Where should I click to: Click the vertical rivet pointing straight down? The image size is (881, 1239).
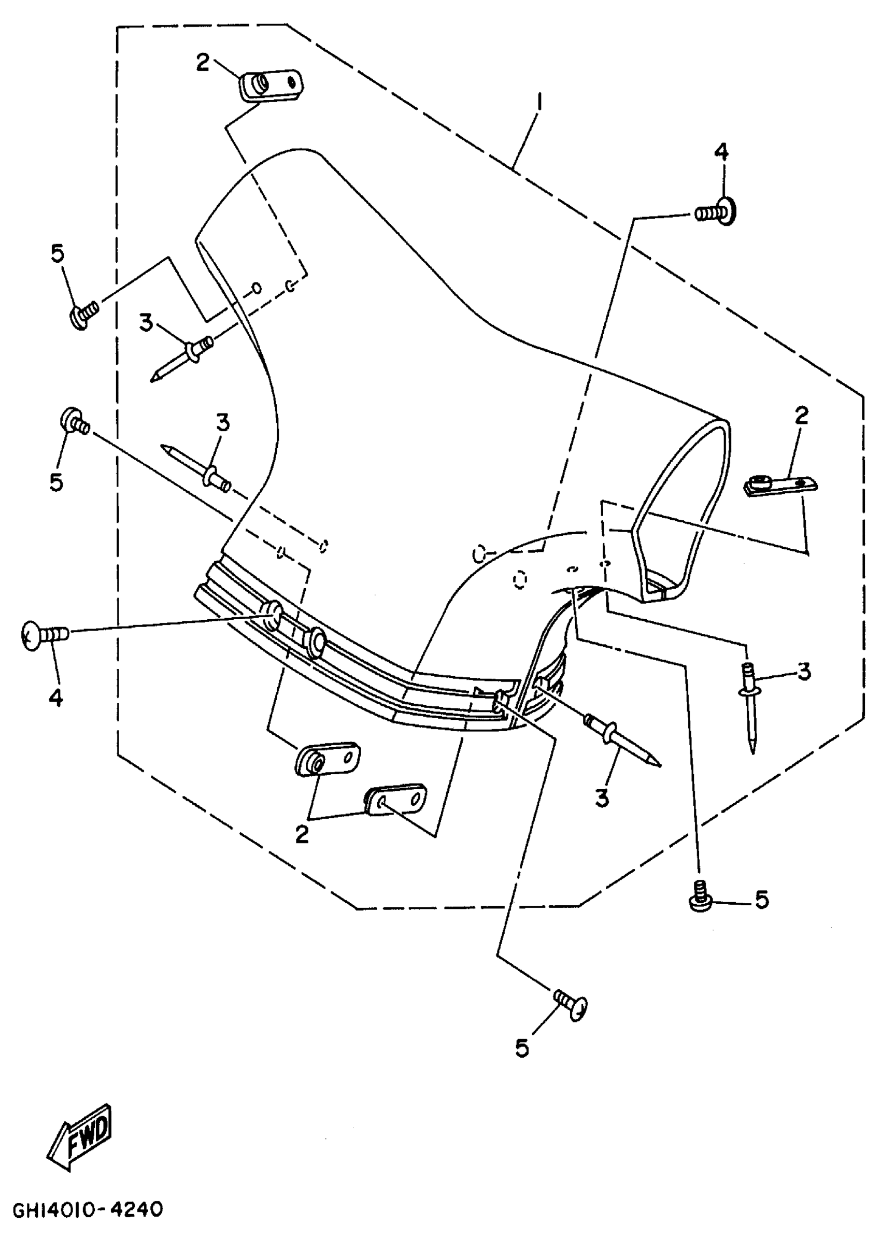coord(749,706)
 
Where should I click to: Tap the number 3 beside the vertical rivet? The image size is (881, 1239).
coord(804,671)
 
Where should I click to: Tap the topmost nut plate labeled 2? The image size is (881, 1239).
coord(271,85)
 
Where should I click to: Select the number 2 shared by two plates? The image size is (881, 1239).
coord(302,834)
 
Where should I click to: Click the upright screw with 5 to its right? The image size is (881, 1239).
coord(700,898)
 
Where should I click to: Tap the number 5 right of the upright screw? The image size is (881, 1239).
coord(762,900)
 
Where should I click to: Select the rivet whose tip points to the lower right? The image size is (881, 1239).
coord(621,737)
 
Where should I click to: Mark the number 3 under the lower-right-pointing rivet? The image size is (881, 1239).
coord(602,798)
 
